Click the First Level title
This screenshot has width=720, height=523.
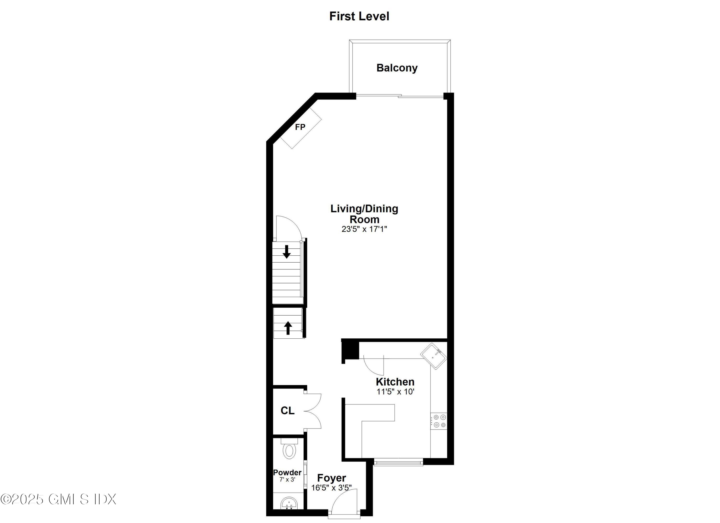coord(359,16)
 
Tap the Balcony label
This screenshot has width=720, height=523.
coord(397,68)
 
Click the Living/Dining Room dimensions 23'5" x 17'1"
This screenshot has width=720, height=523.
coord(364,229)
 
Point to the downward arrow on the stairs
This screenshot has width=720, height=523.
coord(287,252)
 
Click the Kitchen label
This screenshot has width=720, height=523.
coord(395,382)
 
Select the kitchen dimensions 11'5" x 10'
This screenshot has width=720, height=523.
coord(396,392)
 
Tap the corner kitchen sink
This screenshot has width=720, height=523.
coord(434,356)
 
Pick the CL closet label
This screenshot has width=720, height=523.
coord(287,411)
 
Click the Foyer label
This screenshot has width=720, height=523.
coord(331,478)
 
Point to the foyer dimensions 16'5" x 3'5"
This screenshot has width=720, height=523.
coord(331,488)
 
